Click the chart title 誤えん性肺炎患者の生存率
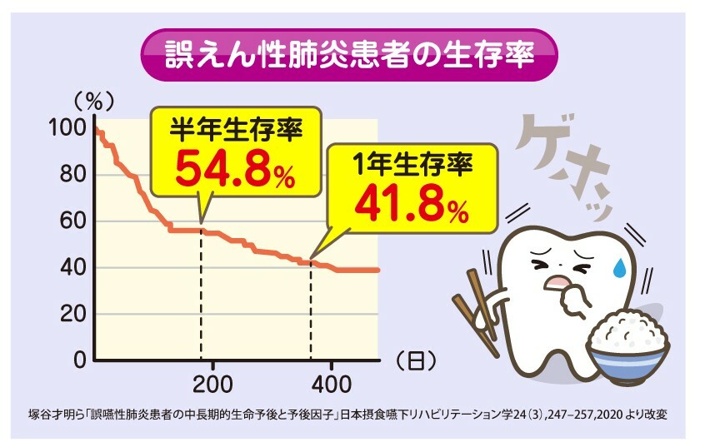pos(348,53)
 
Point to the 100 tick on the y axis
pos(67,129)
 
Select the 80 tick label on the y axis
pos(72,176)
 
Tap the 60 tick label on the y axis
pos(72,222)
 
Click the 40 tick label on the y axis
pos(72,268)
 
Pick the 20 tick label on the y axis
pos(72,315)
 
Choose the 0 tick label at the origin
pos(79,360)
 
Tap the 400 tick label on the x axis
pos(332,385)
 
